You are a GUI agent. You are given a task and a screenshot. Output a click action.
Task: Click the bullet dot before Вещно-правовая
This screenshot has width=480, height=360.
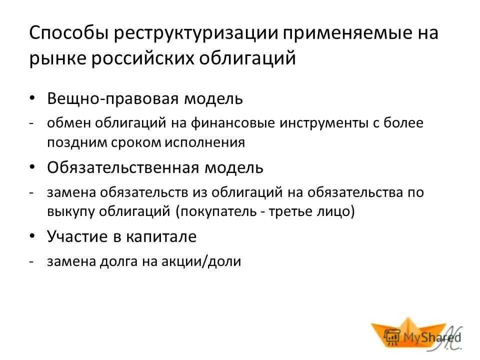(x=32, y=98)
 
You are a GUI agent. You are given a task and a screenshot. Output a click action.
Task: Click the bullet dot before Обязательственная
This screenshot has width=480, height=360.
(x=32, y=167)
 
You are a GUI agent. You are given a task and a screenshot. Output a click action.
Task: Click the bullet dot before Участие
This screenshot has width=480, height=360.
(x=32, y=236)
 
